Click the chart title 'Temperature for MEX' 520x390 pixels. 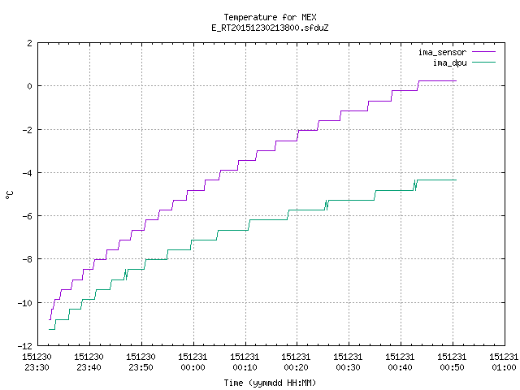270,17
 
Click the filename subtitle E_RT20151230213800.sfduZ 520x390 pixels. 270,28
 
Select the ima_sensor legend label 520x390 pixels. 442,52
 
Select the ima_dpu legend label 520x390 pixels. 449,63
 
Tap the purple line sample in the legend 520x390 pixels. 483,52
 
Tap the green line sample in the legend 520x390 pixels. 483,63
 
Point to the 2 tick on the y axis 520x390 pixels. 30,43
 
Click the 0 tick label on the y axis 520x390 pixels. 30,86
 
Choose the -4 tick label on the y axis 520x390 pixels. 27,173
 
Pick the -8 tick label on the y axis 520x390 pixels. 27,260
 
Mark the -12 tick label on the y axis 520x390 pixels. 25,346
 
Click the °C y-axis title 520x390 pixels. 9,195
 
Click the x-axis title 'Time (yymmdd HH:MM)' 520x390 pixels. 270,383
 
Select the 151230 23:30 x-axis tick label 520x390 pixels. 37,362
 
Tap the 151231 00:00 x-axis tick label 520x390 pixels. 193,362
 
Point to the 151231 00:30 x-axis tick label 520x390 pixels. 349,362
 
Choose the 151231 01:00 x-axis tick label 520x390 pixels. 504,362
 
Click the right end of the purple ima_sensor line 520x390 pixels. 457,81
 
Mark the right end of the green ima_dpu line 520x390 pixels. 457,180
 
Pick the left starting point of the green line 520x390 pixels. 49,329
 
